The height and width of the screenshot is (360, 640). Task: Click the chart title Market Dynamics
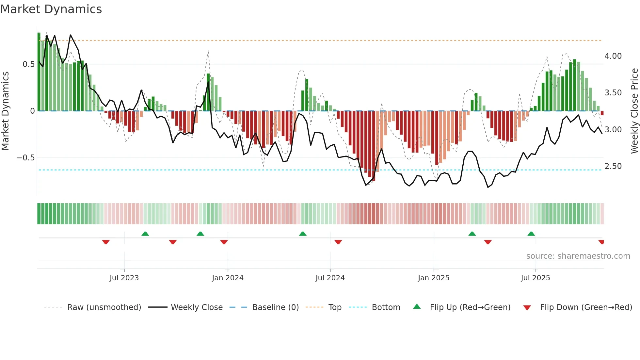[x=51, y=9]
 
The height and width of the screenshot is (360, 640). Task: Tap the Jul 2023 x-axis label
[x=124, y=278]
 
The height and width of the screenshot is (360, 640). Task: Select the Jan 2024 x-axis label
[x=228, y=278]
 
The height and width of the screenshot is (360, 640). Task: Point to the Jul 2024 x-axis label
[x=330, y=278]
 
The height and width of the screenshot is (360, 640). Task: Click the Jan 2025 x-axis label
[x=434, y=278]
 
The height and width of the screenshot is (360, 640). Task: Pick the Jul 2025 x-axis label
[x=536, y=278]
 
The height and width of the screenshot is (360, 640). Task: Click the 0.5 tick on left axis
[x=28, y=64]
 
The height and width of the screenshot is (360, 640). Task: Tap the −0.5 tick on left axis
[x=25, y=158]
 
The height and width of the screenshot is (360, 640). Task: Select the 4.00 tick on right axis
[x=613, y=56]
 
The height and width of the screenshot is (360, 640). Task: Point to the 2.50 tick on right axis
[x=613, y=166]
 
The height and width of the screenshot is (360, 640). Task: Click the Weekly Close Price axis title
[x=634, y=111]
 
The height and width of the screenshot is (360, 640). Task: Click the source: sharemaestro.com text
[x=578, y=256]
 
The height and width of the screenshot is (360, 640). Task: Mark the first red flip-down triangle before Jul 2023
[x=106, y=242]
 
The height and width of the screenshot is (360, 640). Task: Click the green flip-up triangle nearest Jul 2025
[x=531, y=234]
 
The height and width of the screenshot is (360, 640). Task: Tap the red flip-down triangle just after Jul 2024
[x=338, y=242]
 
